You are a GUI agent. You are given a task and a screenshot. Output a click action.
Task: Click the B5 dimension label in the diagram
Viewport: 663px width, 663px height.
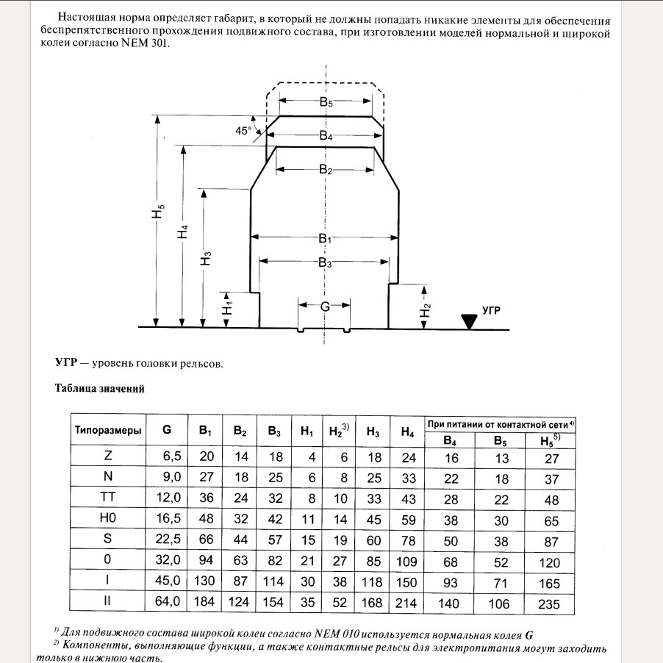point(326,104)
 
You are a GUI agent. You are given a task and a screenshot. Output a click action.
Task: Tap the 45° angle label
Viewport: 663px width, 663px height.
point(243,130)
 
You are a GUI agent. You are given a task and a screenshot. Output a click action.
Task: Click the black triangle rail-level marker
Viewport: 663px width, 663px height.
point(468,321)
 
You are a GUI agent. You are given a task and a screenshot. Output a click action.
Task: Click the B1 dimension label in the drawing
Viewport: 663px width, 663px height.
point(326,239)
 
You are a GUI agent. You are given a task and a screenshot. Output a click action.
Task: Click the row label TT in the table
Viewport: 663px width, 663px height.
point(108,497)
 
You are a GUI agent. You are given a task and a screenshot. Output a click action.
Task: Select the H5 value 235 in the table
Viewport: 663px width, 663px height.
point(548,604)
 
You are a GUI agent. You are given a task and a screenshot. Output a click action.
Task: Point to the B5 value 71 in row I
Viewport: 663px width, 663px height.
point(499,583)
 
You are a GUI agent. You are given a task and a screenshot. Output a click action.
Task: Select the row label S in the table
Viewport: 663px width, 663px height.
point(108,540)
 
